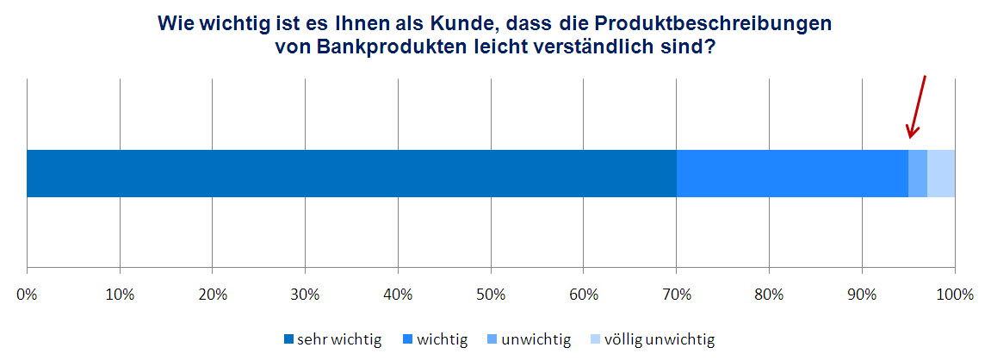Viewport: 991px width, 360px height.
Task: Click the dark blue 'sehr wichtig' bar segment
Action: point(351,173)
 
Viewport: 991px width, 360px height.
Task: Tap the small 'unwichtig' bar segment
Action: point(918,173)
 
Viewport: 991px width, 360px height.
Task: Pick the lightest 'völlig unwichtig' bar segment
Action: point(941,173)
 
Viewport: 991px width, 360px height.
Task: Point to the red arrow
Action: point(918,107)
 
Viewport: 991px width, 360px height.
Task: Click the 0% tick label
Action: point(27,295)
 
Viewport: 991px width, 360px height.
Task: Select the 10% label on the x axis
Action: point(120,295)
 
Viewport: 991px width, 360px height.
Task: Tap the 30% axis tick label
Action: point(305,295)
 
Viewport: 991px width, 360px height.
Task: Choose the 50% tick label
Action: point(491,295)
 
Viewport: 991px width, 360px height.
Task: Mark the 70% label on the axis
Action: point(676,295)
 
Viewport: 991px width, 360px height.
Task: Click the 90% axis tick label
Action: point(862,295)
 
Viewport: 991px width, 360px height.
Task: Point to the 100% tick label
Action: point(954,295)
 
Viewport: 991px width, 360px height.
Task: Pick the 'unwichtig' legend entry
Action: point(533,339)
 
